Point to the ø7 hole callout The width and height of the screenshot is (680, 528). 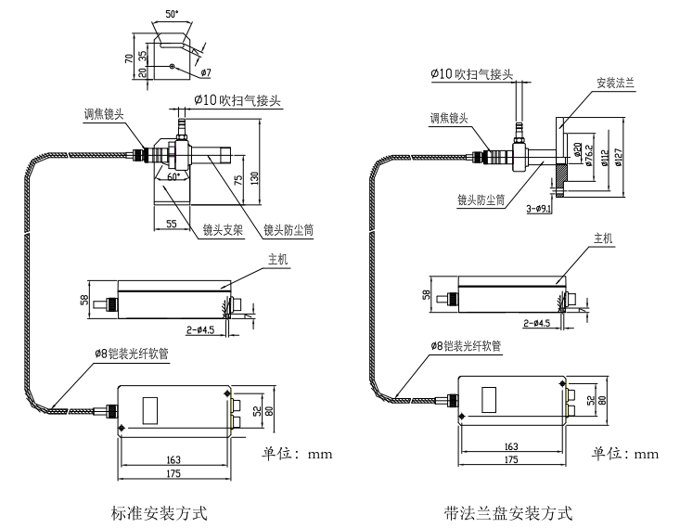(206, 71)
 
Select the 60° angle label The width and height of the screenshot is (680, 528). (172, 174)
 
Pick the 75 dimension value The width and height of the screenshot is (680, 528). (239, 182)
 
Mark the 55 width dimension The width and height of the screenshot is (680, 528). (171, 224)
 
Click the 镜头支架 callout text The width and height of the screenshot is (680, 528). (222, 228)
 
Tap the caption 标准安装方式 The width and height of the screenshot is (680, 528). (159, 511)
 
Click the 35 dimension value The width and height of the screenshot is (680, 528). (143, 56)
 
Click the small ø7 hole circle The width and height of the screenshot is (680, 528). (173, 66)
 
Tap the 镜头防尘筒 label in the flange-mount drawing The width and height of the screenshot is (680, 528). (480, 200)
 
